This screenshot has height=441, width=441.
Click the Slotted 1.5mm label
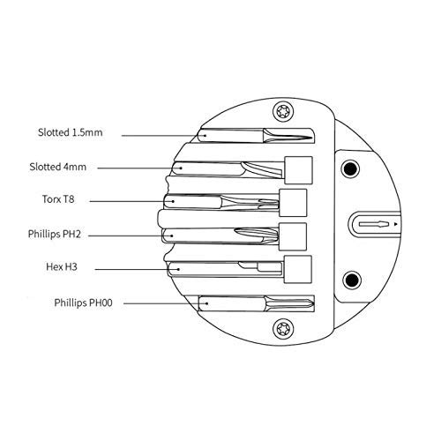pos(71,132)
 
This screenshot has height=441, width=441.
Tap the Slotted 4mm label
pos(58,167)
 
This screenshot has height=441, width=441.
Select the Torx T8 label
pos(58,199)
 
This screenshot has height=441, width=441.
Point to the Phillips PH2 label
pos(55,235)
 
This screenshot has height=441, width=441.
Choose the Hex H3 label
pos(62,267)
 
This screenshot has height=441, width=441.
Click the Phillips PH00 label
pos(83,303)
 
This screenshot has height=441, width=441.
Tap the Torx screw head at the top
pos(283,111)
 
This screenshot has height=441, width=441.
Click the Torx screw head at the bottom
pos(283,328)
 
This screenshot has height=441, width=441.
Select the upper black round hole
pos(350,168)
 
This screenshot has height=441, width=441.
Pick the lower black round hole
pos(352,280)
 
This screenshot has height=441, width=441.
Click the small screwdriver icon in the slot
pos(374,224)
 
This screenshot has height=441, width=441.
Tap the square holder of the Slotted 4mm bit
pos(298,170)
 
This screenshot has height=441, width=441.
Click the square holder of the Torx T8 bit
pos(293,203)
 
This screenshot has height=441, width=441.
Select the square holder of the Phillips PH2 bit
pos(293,236)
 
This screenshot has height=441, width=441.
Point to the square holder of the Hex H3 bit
pos(298,269)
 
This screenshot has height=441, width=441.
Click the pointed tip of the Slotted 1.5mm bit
pos(311,137)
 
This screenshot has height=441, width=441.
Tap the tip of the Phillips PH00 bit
pos(313,303)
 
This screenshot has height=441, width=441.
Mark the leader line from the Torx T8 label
pos(132,201)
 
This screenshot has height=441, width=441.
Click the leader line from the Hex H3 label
pos(138,269)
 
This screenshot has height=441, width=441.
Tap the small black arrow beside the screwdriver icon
pos(396,224)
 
